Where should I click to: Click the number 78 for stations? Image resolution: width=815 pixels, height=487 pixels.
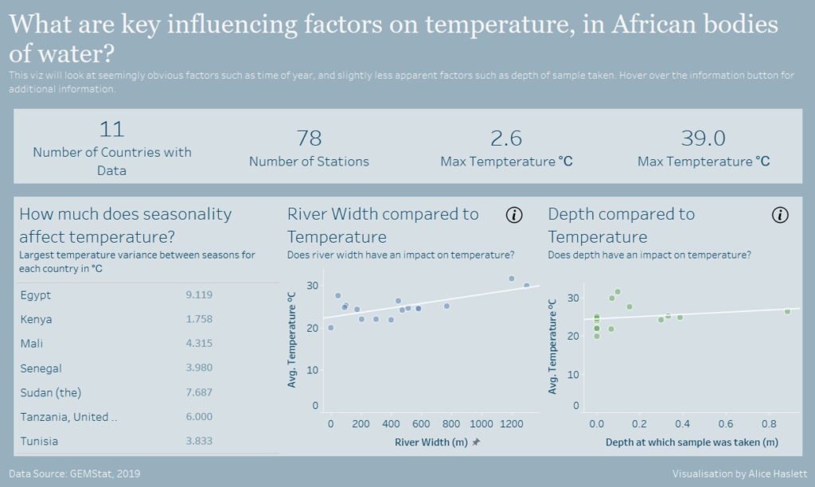(309, 138)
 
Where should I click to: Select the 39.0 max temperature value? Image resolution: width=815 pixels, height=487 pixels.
(704, 138)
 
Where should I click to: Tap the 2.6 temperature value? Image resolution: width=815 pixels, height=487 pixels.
(506, 138)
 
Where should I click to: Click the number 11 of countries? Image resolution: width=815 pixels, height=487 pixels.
(112, 129)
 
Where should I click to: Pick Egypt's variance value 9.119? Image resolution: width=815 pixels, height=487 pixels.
(199, 295)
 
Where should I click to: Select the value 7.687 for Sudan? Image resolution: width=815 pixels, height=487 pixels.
(199, 392)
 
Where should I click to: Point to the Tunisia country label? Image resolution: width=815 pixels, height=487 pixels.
(40, 441)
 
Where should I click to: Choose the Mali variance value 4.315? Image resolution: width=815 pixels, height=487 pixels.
(199, 344)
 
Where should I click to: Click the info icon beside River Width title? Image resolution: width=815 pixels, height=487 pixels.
(514, 215)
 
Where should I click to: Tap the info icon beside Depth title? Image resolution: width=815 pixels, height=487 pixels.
(780, 215)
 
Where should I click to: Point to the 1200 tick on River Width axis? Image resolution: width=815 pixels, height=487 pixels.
(511, 423)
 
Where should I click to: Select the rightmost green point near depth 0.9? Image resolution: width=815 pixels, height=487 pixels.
(787, 311)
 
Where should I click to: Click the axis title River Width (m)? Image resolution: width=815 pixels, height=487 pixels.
(431, 442)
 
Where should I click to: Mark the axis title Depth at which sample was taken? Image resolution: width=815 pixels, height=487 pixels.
(691, 442)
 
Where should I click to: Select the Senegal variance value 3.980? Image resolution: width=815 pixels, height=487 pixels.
(199, 368)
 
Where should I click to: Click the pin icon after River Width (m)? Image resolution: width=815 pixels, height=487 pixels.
(476, 442)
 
